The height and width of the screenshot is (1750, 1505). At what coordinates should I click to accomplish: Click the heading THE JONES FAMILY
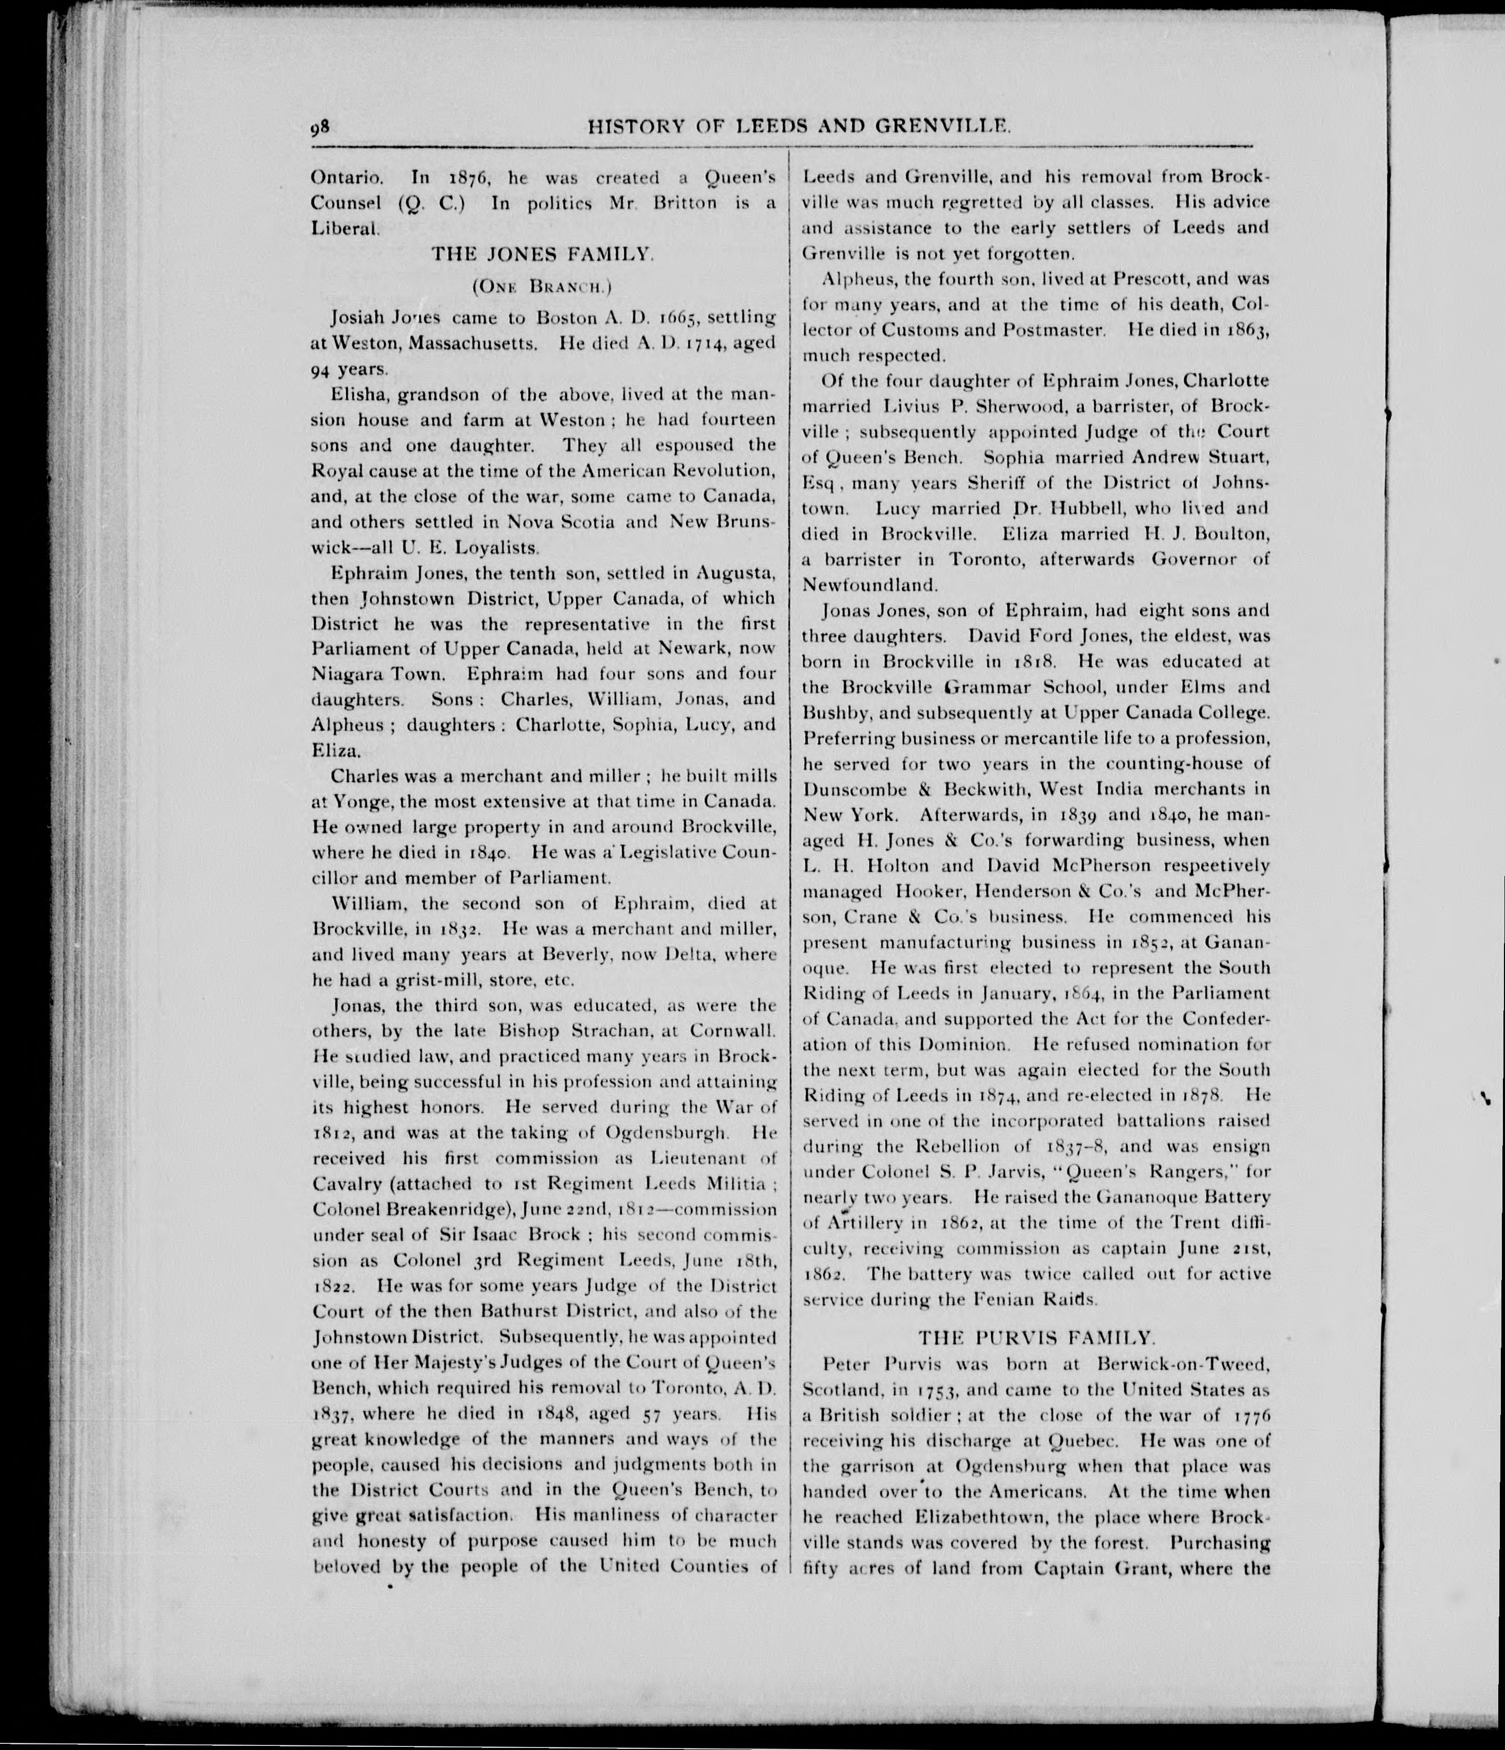coord(542,252)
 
